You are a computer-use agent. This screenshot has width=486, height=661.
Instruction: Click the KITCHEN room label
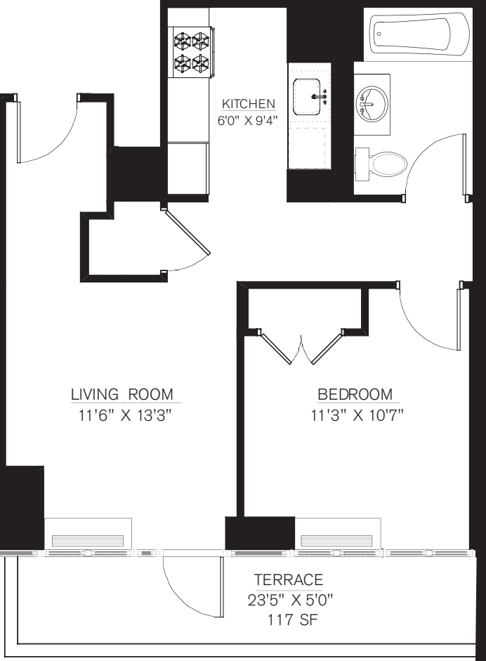248,104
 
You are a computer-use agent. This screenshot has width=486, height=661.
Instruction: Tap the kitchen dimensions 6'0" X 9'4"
248,119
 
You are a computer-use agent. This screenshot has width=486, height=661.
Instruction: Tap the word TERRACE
289,580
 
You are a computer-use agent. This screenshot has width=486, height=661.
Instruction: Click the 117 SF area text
289,622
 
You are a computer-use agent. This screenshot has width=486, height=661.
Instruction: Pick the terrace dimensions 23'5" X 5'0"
289,601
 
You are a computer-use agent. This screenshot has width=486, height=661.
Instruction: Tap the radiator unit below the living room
88,535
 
